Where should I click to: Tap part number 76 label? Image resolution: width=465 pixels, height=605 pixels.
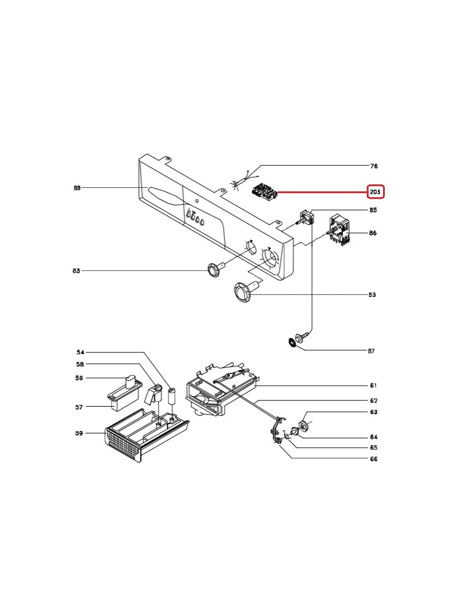point(374,166)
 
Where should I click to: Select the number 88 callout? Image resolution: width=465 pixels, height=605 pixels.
point(77,188)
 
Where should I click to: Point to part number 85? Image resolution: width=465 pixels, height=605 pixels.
point(373,209)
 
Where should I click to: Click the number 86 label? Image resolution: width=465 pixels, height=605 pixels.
point(373,233)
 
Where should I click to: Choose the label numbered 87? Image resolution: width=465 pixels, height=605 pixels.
point(371,351)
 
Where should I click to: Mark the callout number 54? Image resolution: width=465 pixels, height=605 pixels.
point(81,353)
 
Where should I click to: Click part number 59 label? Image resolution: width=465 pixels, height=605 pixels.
point(79,433)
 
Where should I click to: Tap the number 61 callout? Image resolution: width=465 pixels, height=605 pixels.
point(374,386)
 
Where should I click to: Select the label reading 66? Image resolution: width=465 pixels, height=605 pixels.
point(374,459)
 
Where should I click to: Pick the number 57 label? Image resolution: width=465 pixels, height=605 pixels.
point(79,407)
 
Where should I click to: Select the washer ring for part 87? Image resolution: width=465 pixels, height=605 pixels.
point(292,343)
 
